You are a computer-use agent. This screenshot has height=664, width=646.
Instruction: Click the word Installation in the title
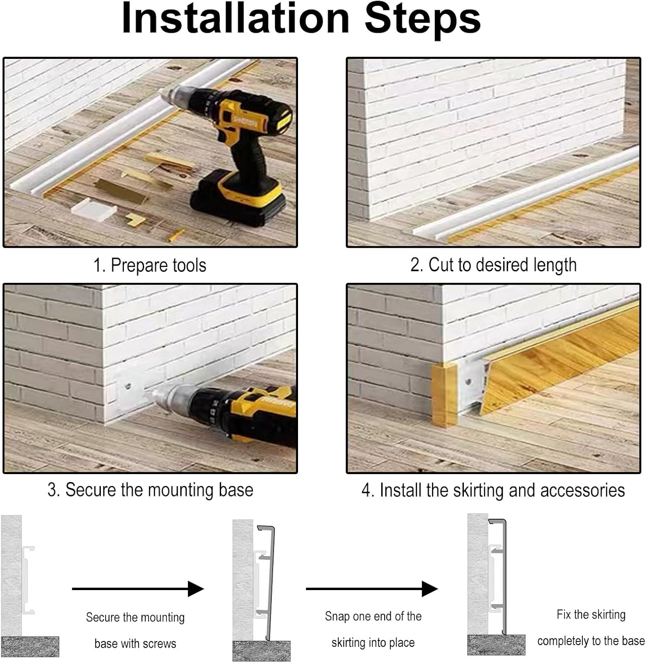[235, 19]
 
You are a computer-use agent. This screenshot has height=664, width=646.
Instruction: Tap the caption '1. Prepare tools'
[149, 265]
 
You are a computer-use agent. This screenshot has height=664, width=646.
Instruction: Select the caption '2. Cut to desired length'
[493, 265]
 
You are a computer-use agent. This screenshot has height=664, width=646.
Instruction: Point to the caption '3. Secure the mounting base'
[150, 490]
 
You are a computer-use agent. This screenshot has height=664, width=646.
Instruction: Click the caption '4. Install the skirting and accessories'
[493, 490]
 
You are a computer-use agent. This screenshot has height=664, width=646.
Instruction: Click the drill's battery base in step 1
[236, 198]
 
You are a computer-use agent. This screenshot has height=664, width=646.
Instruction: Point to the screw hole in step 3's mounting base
[128, 386]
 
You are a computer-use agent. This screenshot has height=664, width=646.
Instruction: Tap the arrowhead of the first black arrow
[196, 589]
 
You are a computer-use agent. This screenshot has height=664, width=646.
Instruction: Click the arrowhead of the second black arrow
[430, 589]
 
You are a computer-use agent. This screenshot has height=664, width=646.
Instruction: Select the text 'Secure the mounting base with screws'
[135, 630]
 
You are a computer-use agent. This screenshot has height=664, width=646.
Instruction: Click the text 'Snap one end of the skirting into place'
[373, 629]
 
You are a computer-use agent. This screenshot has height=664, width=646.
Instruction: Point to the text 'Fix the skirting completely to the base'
[591, 628]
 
